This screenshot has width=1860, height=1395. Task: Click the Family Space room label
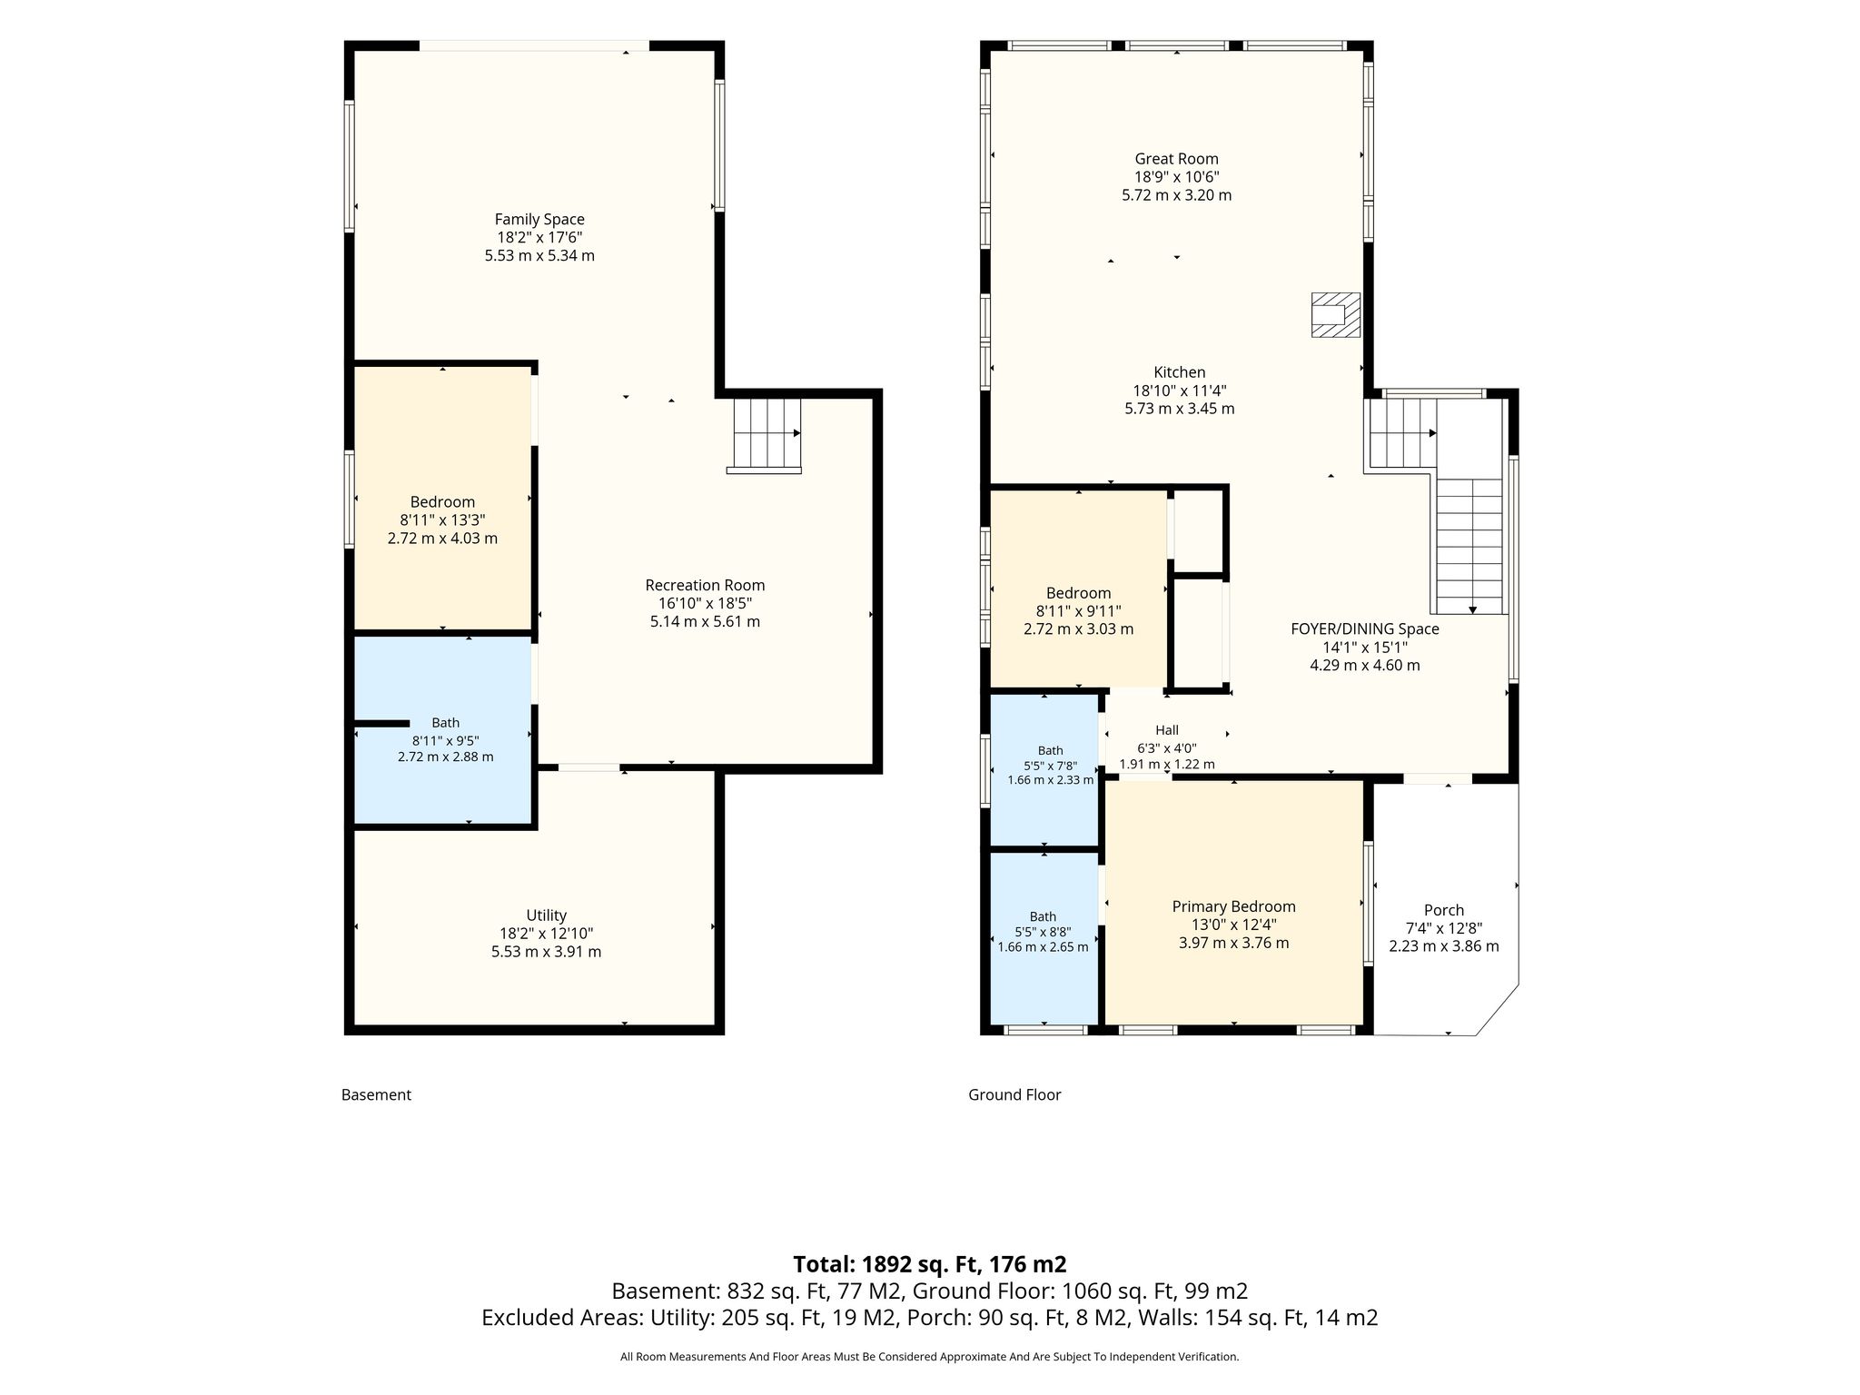tap(539, 219)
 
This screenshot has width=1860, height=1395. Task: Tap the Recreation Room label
tap(705, 585)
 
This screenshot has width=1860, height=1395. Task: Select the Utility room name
tap(546, 915)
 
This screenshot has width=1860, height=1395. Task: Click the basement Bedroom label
tap(442, 501)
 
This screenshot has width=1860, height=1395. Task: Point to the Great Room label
tap(1176, 159)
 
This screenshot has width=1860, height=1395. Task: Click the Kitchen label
tap(1179, 372)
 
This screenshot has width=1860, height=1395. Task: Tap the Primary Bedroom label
tap(1233, 906)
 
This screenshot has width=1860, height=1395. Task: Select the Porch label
tap(1444, 910)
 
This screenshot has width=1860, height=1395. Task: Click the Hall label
tap(1167, 730)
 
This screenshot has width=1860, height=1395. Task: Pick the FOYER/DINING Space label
tap(1365, 628)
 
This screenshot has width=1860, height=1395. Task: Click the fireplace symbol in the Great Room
tap(1336, 315)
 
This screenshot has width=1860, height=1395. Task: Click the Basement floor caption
tap(376, 1094)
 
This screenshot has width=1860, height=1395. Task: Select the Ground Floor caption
tap(1014, 1094)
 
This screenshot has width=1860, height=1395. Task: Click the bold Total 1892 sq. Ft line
tap(930, 1264)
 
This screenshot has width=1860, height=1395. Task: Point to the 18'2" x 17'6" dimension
tap(539, 237)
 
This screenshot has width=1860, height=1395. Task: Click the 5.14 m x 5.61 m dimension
tap(705, 621)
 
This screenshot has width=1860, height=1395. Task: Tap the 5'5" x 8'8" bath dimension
tap(1043, 932)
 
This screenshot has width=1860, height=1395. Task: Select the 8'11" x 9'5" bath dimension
tap(445, 740)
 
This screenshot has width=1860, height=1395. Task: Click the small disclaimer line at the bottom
tap(930, 1357)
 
